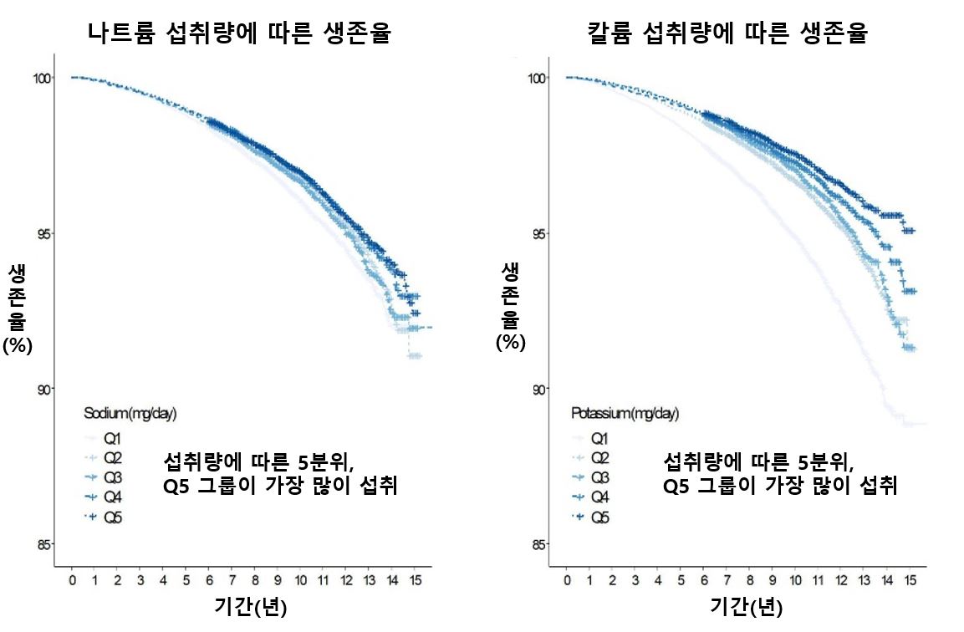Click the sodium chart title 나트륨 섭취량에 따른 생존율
pos(241,33)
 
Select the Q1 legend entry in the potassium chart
pos(599,438)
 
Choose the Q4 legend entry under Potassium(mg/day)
pos(599,498)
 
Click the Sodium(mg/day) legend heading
pos(130,413)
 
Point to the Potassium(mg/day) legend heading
pos(625,413)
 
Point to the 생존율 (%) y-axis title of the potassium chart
pos(510,305)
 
